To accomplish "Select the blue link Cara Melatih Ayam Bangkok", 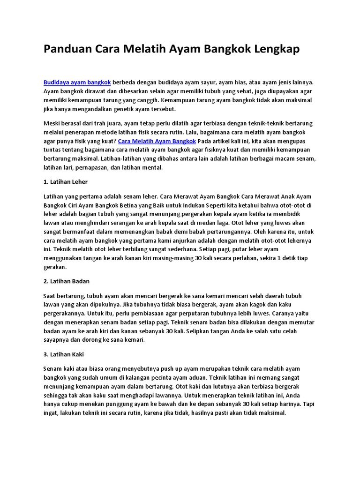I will [x=157, y=141].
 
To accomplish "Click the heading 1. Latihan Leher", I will [x=65, y=181].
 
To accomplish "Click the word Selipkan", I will [x=201, y=331].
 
